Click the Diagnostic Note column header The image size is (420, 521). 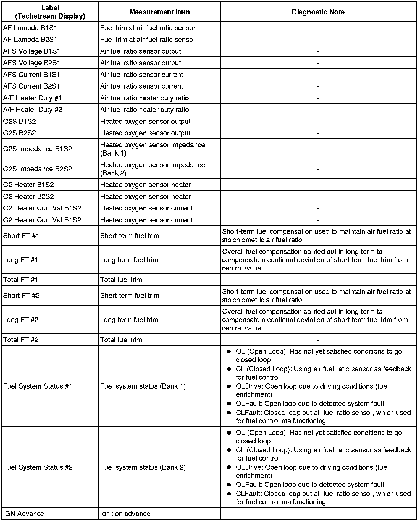coord(318,12)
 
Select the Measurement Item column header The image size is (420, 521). coord(159,12)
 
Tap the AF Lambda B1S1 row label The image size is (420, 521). coord(30,28)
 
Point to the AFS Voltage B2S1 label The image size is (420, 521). coord(32,63)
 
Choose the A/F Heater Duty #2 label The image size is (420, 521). coord(33,110)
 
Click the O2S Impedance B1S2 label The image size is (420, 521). coord(37,149)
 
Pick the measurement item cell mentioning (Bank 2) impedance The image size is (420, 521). coord(152,169)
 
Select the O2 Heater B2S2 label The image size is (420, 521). coord(28,196)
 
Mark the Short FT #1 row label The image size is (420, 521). coord(21,236)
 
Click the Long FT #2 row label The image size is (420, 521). coord(21,320)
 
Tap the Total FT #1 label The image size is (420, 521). coord(20,280)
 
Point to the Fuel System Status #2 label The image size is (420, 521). coord(38,467)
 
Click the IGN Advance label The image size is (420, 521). coord(23,514)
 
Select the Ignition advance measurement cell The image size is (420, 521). coord(125,514)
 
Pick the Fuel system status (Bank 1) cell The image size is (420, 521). coord(143,386)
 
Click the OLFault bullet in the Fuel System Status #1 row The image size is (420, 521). coord(310,404)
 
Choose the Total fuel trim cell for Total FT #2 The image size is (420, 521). coord(121,340)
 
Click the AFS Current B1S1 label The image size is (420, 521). coord(32,75)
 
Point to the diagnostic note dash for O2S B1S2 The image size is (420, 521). coord(318,122)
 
